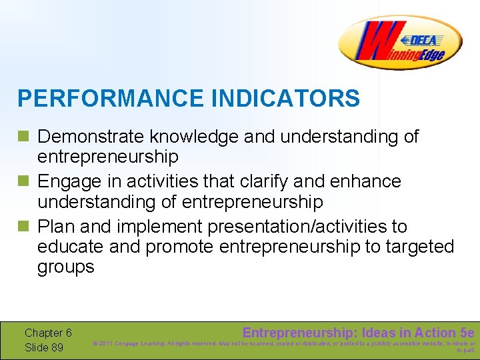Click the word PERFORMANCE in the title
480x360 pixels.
(x=111, y=99)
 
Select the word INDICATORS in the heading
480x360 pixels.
(x=285, y=99)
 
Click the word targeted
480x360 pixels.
(x=417, y=247)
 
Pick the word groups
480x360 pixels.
(x=66, y=267)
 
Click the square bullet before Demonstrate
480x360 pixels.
(x=24, y=137)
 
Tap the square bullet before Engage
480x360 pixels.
(x=24, y=182)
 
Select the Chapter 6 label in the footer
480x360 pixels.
(x=48, y=333)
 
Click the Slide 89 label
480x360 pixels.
(x=44, y=347)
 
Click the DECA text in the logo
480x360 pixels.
(x=423, y=40)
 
